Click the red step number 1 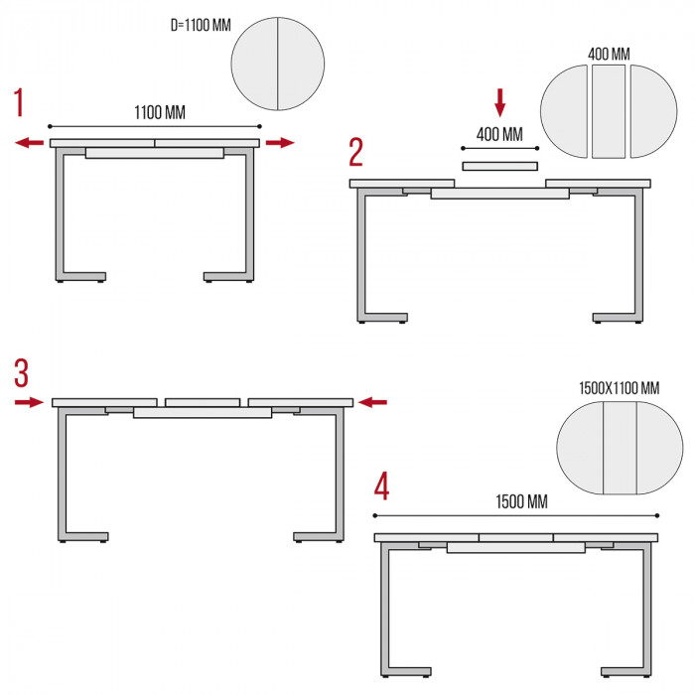[x=19, y=102]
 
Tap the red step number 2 [x=355, y=152]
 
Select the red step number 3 [x=22, y=373]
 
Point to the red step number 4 [x=381, y=486]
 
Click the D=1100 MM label [x=201, y=25]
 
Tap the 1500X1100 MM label [x=620, y=388]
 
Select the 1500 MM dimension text [x=521, y=501]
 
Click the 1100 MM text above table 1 [x=160, y=112]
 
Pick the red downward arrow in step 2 [x=500, y=103]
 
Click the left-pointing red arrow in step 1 [x=29, y=143]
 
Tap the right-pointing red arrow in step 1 [x=280, y=143]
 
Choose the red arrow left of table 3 [x=29, y=402]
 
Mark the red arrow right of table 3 [x=372, y=402]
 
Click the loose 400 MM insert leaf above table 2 [x=500, y=166]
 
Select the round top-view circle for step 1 [x=277, y=64]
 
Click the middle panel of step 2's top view [x=609, y=111]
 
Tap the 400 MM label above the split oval [x=609, y=54]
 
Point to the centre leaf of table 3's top [x=203, y=402]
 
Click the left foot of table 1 [x=80, y=277]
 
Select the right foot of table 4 [x=626, y=672]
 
